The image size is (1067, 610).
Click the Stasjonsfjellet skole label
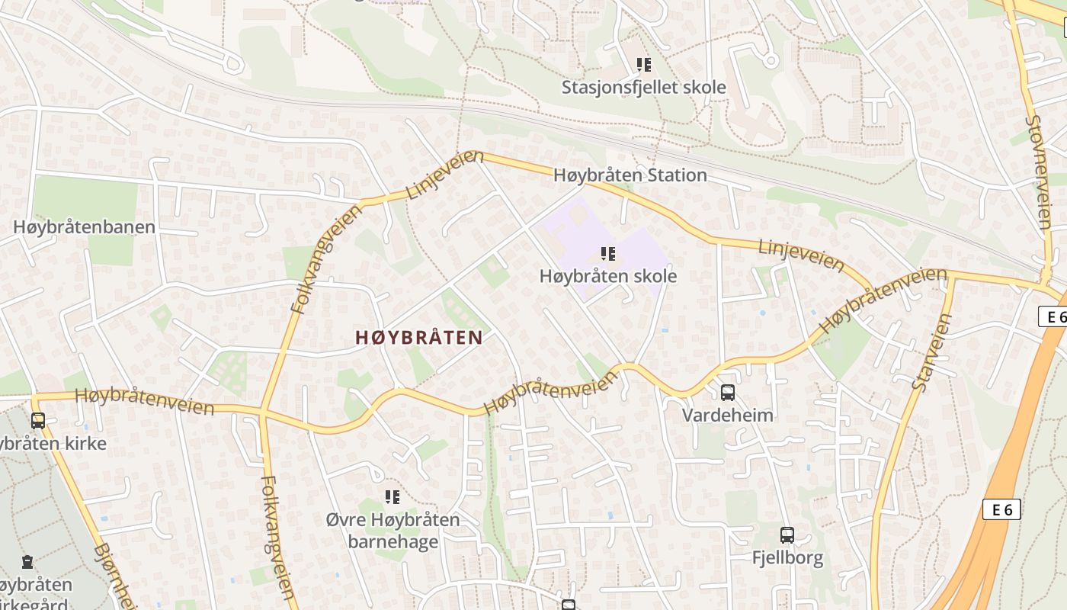[x=643, y=88]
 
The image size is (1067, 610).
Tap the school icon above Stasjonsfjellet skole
[x=644, y=65]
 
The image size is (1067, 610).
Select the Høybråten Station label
[x=630, y=175]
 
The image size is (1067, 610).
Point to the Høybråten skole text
[x=607, y=276]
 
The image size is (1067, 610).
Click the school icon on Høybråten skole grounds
[x=607, y=253]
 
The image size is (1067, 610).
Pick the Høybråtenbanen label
[x=84, y=227]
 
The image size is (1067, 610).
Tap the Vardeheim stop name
[x=727, y=416]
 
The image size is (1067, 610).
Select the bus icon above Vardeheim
[x=728, y=393]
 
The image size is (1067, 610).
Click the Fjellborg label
[x=787, y=558]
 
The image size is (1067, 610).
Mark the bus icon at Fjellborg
[x=787, y=535]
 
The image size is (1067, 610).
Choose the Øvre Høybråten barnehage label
[x=393, y=531]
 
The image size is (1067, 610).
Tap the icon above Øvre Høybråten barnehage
[x=393, y=498]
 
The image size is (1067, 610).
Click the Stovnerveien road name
[x=1038, y=172]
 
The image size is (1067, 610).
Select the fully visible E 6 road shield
[x=1001, y=509]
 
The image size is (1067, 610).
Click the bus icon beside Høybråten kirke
[x=38, y=420]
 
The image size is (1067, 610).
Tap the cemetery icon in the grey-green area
[x=27, y=563]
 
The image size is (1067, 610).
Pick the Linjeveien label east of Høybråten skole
[x=802, y=255]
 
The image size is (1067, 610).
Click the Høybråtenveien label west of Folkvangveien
[x=145, y=401]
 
